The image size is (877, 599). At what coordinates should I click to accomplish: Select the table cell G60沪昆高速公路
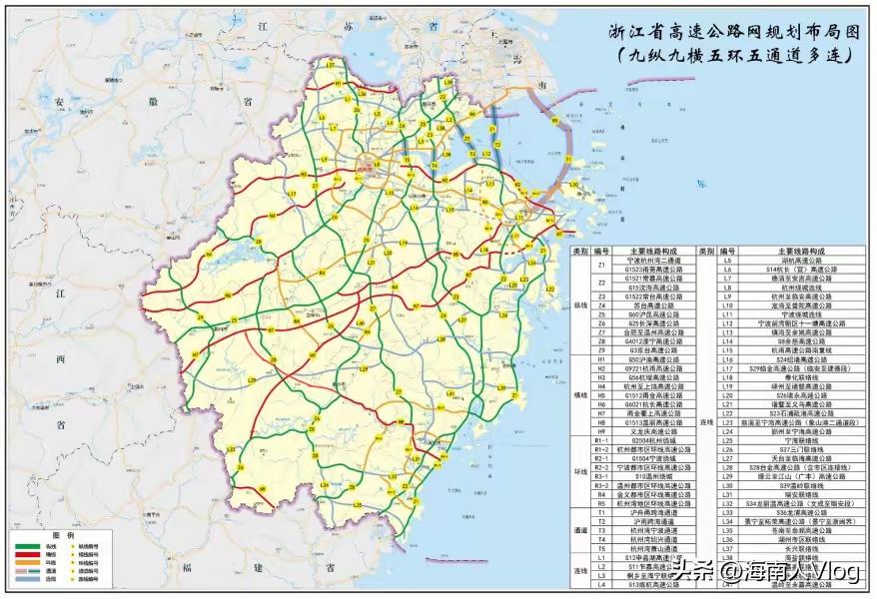(x=657, y=314)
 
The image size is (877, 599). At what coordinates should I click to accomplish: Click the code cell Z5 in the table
(x=602, y=314)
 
